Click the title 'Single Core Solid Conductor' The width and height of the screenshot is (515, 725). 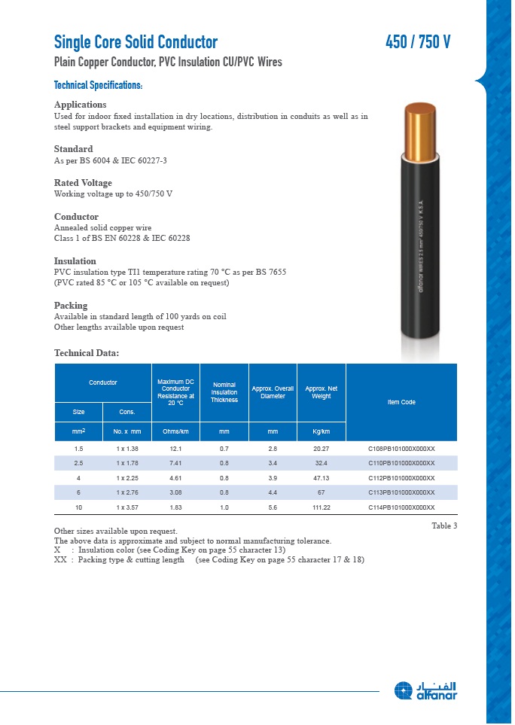coord(136,42)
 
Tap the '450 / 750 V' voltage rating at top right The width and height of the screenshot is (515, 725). coord(418,42)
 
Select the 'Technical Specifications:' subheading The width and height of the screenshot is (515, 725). coord(98,86)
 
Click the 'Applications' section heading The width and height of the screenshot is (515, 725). coord(80,105)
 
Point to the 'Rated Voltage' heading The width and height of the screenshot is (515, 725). coord(83,183)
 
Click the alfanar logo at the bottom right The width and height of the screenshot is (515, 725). coord(426,691)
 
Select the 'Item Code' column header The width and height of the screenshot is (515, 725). coord(401,402)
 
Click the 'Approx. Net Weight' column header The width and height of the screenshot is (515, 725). coord(321,392)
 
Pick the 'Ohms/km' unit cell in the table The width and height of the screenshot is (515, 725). coord(175,431)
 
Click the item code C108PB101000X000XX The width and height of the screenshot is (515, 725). coord(401,449)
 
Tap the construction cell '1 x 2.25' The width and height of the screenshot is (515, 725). coord(127,478)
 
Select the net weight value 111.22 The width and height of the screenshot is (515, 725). coord(321,507)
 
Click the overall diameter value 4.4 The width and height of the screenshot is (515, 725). coord(273,492)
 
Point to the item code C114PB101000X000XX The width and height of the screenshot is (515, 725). coord(401,507)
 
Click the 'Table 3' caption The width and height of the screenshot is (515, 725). coord(444,525)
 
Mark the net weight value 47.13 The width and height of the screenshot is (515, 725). coord(321,478)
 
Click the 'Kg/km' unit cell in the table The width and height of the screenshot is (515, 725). coord(321,431)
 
